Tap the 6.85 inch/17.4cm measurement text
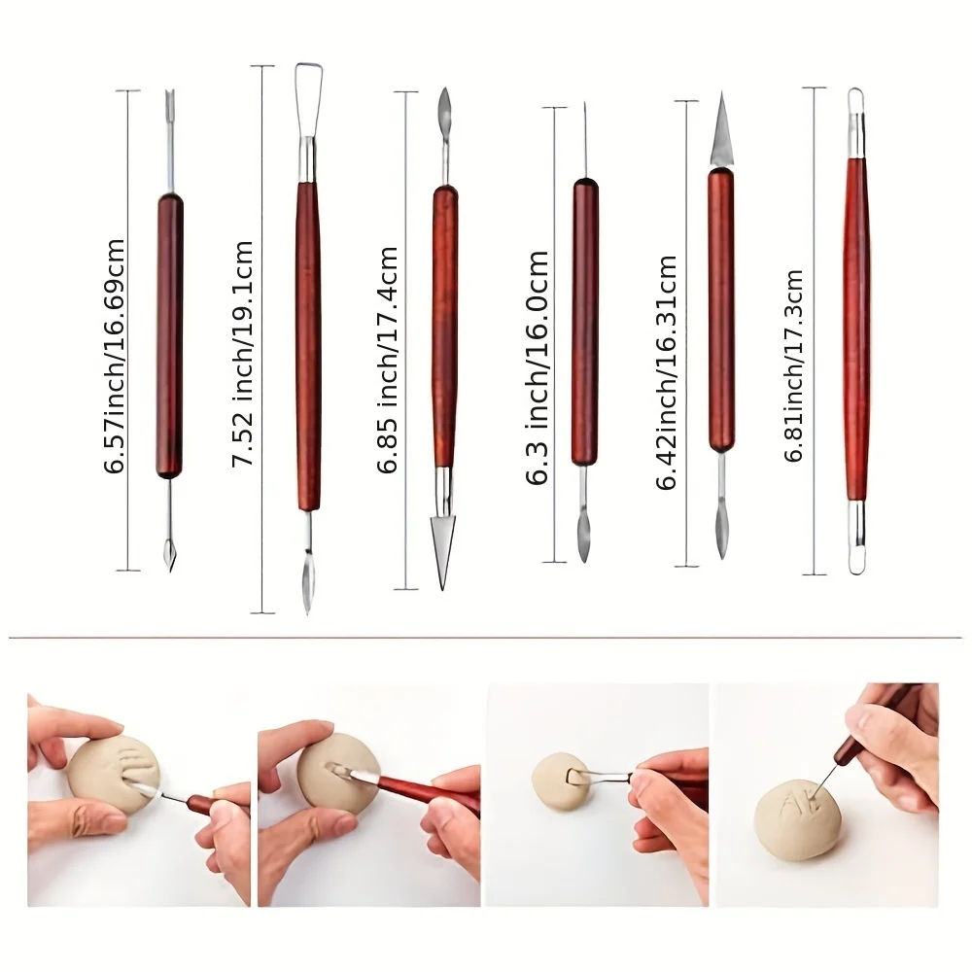tap(389, 360)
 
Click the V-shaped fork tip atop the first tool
tap(170, 99)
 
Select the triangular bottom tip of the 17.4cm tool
tap(444, 549)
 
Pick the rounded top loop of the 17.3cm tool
tap(855, 105)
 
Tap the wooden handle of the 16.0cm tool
tap(584, 321)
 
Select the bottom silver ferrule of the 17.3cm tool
tap(855, 520)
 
